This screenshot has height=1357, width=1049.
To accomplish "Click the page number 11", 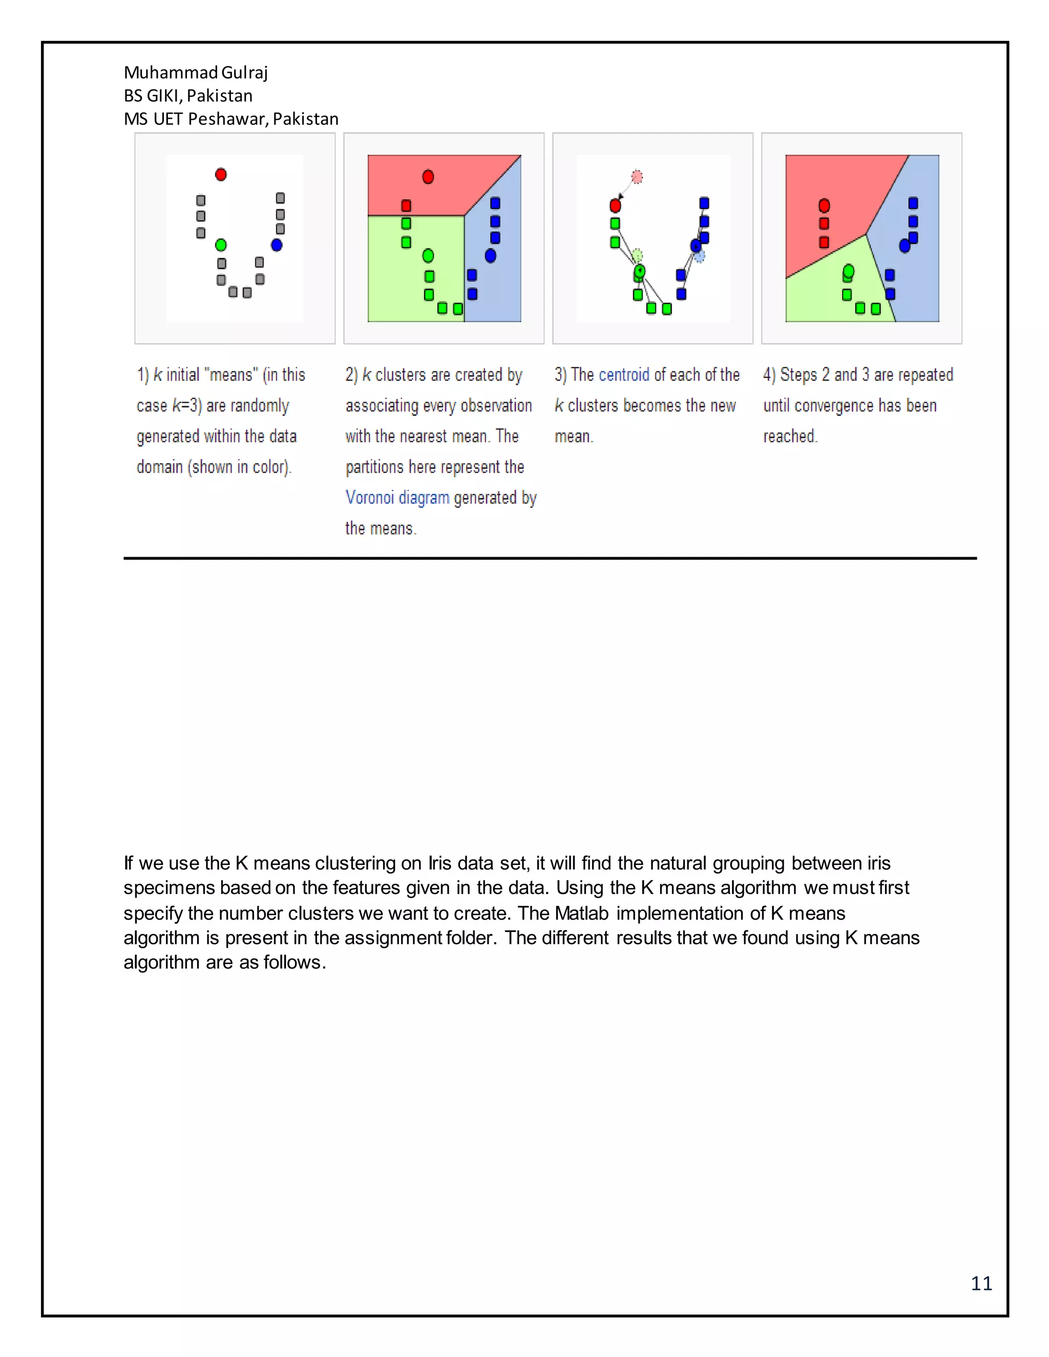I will pyautogui.click(x=981, y=1283).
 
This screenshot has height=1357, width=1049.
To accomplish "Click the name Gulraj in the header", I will pyautogui.click(x=244, y=73).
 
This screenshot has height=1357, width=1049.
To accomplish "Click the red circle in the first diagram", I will pyautogui.click(x=221, y=175).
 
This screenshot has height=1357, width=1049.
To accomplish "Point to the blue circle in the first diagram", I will pyautogui.click(x=277, y=245).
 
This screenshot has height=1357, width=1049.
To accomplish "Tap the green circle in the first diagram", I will pyautogui.click(x=221, y=245).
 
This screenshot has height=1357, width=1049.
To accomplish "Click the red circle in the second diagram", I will pyautogui.click(x=428, y=177).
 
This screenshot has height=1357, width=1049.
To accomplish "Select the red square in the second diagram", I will pyautogui.click(x=406, y=206).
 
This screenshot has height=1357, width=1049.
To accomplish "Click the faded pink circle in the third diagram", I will pyautogui.click(x=637, y=177).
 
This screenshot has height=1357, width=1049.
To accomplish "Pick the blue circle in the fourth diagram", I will pyautogui.click(x=905, y=246).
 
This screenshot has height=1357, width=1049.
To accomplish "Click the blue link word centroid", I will pyautogui.click(x=624, y=375).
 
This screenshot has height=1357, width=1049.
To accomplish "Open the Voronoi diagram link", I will pyautogui.click(x=397, y=498).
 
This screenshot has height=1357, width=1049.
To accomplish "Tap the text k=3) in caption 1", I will pyautogui.click(x=187, y=406).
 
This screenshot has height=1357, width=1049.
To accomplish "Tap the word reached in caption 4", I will pyautogui.click(x=789, y=436).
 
